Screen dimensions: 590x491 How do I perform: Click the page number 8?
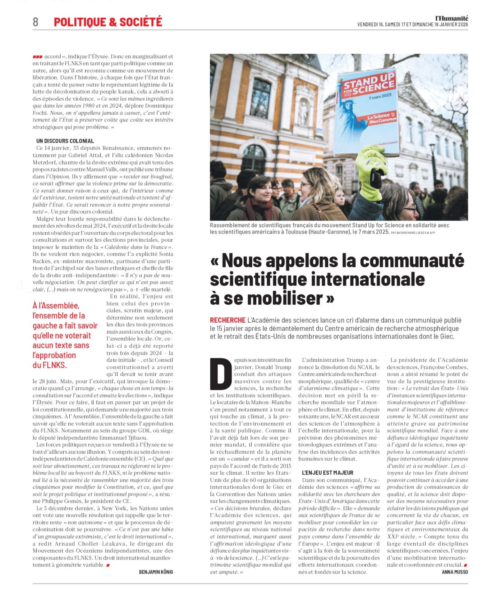(35, 22)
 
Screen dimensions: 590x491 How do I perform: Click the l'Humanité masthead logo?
(451, 18)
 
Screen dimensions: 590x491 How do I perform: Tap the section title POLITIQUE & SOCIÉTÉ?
(108, 22)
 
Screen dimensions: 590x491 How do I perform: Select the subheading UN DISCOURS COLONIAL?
(65, 141)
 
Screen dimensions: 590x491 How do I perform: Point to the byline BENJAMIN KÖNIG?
(156, 572)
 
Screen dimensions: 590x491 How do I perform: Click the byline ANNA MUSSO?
(455, 572)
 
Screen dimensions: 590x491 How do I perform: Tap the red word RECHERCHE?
(228, 320)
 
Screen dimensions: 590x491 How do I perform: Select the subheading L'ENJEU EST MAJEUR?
(327, 473)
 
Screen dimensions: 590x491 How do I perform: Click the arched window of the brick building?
(254, 159)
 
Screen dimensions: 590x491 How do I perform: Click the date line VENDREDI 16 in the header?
(370, 25)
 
